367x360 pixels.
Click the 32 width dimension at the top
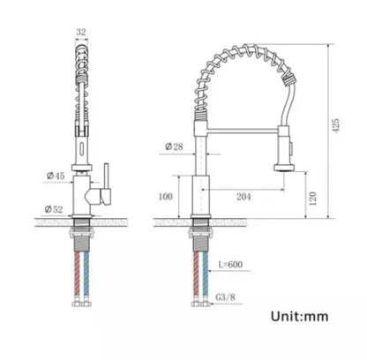pos(80,30)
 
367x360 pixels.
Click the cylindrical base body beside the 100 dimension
pos(199,195)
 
